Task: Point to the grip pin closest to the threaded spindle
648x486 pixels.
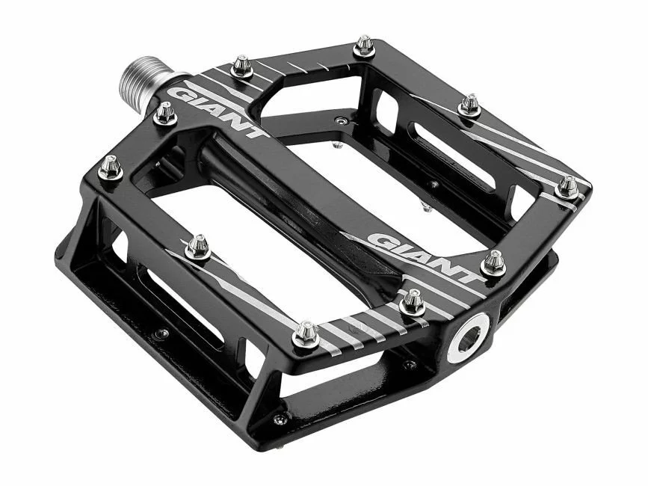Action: [x=165, y=114]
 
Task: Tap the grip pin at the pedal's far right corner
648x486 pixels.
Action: [x=567, y=186]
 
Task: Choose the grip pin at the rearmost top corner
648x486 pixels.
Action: [x=364, y=46]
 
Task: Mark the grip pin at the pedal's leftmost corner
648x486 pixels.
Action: [x=111, y=167]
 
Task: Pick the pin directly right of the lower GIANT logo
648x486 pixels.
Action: [x=493, y=263]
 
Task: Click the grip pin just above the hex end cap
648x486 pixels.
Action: [x=412, y=302]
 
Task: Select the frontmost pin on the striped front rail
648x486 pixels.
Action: [x=305, y=334]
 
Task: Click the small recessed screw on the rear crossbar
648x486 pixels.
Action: [x=341, y=120]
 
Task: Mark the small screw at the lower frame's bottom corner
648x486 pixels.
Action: [x=280, y=419]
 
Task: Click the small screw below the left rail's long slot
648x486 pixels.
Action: [x=161, y=333]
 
